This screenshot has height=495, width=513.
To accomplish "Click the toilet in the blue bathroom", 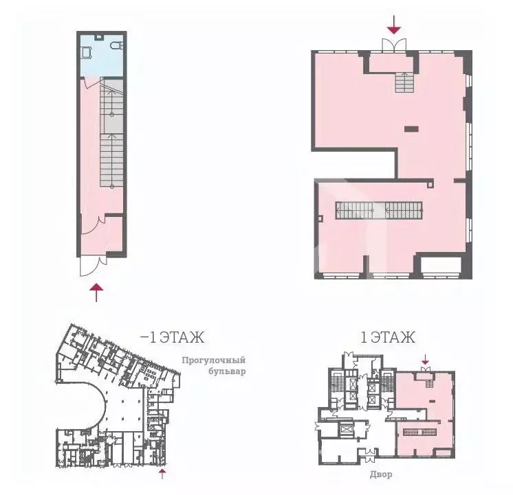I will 116,45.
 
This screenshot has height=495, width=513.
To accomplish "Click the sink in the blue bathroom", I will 87,51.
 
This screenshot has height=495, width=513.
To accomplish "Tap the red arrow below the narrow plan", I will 97,291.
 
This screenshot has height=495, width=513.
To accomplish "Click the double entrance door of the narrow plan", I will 92,264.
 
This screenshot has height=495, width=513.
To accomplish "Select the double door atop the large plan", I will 393,43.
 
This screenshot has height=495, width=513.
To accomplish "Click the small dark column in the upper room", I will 411,128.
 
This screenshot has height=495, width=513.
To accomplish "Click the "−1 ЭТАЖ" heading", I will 172,337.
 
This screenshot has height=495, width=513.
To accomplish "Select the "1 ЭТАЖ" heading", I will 388,337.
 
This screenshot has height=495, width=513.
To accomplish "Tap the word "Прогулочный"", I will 213,360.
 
